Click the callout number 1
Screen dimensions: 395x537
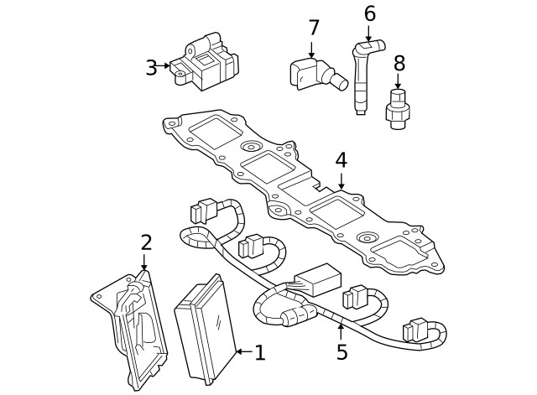coord(259,353)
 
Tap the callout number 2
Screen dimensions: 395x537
coord(146,243)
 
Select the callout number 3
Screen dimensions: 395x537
coord(151,68)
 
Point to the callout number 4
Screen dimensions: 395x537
coord(340,159)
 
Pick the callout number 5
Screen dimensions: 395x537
coord(341,352)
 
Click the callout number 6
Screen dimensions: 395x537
coord(369,14)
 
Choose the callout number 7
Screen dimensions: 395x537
coord(314,28)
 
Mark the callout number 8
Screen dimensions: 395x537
coord(399,63)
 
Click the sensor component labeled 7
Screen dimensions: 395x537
coord(313,75)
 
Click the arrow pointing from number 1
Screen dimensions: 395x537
coord(240,353)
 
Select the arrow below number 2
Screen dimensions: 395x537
coord(144,262)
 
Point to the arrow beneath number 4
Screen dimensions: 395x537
coord(341,179)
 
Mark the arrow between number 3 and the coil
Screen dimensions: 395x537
coord(165,66)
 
